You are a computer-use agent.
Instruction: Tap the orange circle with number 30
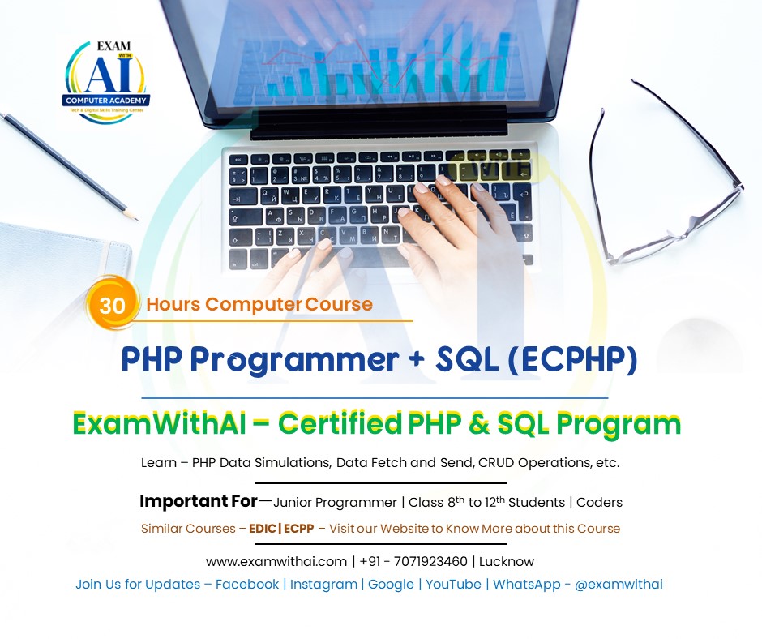112,305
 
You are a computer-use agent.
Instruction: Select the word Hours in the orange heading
173,305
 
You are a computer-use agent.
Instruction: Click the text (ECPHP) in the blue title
572,359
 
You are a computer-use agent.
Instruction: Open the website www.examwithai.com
276,561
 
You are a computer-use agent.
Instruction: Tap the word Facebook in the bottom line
247,584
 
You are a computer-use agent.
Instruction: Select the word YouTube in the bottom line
453,584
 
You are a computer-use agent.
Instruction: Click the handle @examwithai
619,584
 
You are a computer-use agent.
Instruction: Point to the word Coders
599,503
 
